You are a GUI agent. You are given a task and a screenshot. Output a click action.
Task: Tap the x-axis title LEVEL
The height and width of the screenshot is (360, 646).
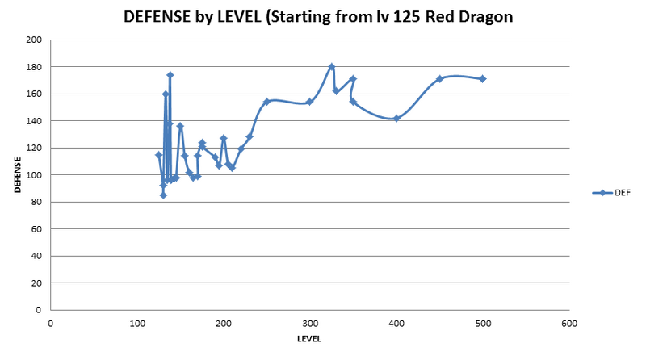pyautogui.click(x=309, y=339)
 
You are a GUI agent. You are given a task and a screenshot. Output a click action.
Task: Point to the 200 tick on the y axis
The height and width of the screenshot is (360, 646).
pyautogui.click(x=34, y=40)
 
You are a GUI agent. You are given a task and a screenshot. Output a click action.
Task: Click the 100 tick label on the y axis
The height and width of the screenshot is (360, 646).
pyautogui.click(x=34, y=175)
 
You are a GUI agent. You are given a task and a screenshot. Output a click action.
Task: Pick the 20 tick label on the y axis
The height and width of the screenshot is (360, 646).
pyautogui.click(x=36, y=283)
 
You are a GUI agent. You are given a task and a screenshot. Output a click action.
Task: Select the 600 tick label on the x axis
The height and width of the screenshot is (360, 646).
pyautogui.click(x=568, y=323)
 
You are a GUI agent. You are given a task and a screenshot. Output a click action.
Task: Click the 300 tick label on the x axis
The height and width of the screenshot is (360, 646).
pyautogui.click(x=309, y=323)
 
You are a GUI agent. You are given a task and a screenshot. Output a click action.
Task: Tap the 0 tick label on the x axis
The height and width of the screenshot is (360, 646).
pyautogui.click(x=50, y=323)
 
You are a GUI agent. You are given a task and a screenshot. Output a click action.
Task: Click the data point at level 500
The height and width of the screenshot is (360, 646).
pyautogui.click(x=483, y=78)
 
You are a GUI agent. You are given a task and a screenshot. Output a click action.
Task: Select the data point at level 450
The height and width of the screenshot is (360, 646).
pyautogui.click(x=439, y=78)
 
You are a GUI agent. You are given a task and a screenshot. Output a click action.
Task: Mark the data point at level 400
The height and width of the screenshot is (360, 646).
pyautogui.click(x=396, y=118)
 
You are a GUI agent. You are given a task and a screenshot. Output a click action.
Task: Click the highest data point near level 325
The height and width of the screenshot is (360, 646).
pyautogui.click(x=331, y=66)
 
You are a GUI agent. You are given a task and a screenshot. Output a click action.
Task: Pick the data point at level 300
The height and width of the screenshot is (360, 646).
pyautogui.click(x=309, y=102)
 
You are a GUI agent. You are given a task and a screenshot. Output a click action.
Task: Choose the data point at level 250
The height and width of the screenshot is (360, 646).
pyautogui.click(x=266, y=102)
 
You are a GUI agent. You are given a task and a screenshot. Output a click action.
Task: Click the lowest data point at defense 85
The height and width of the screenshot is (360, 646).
pyautogui.click(x=163, y=195)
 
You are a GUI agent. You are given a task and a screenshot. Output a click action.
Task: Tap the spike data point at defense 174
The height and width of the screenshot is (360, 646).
pyautogui.click(x=170, y=75)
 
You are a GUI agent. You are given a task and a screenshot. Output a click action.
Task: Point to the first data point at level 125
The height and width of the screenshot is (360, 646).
pyautogui.click(x=158, y=154)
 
